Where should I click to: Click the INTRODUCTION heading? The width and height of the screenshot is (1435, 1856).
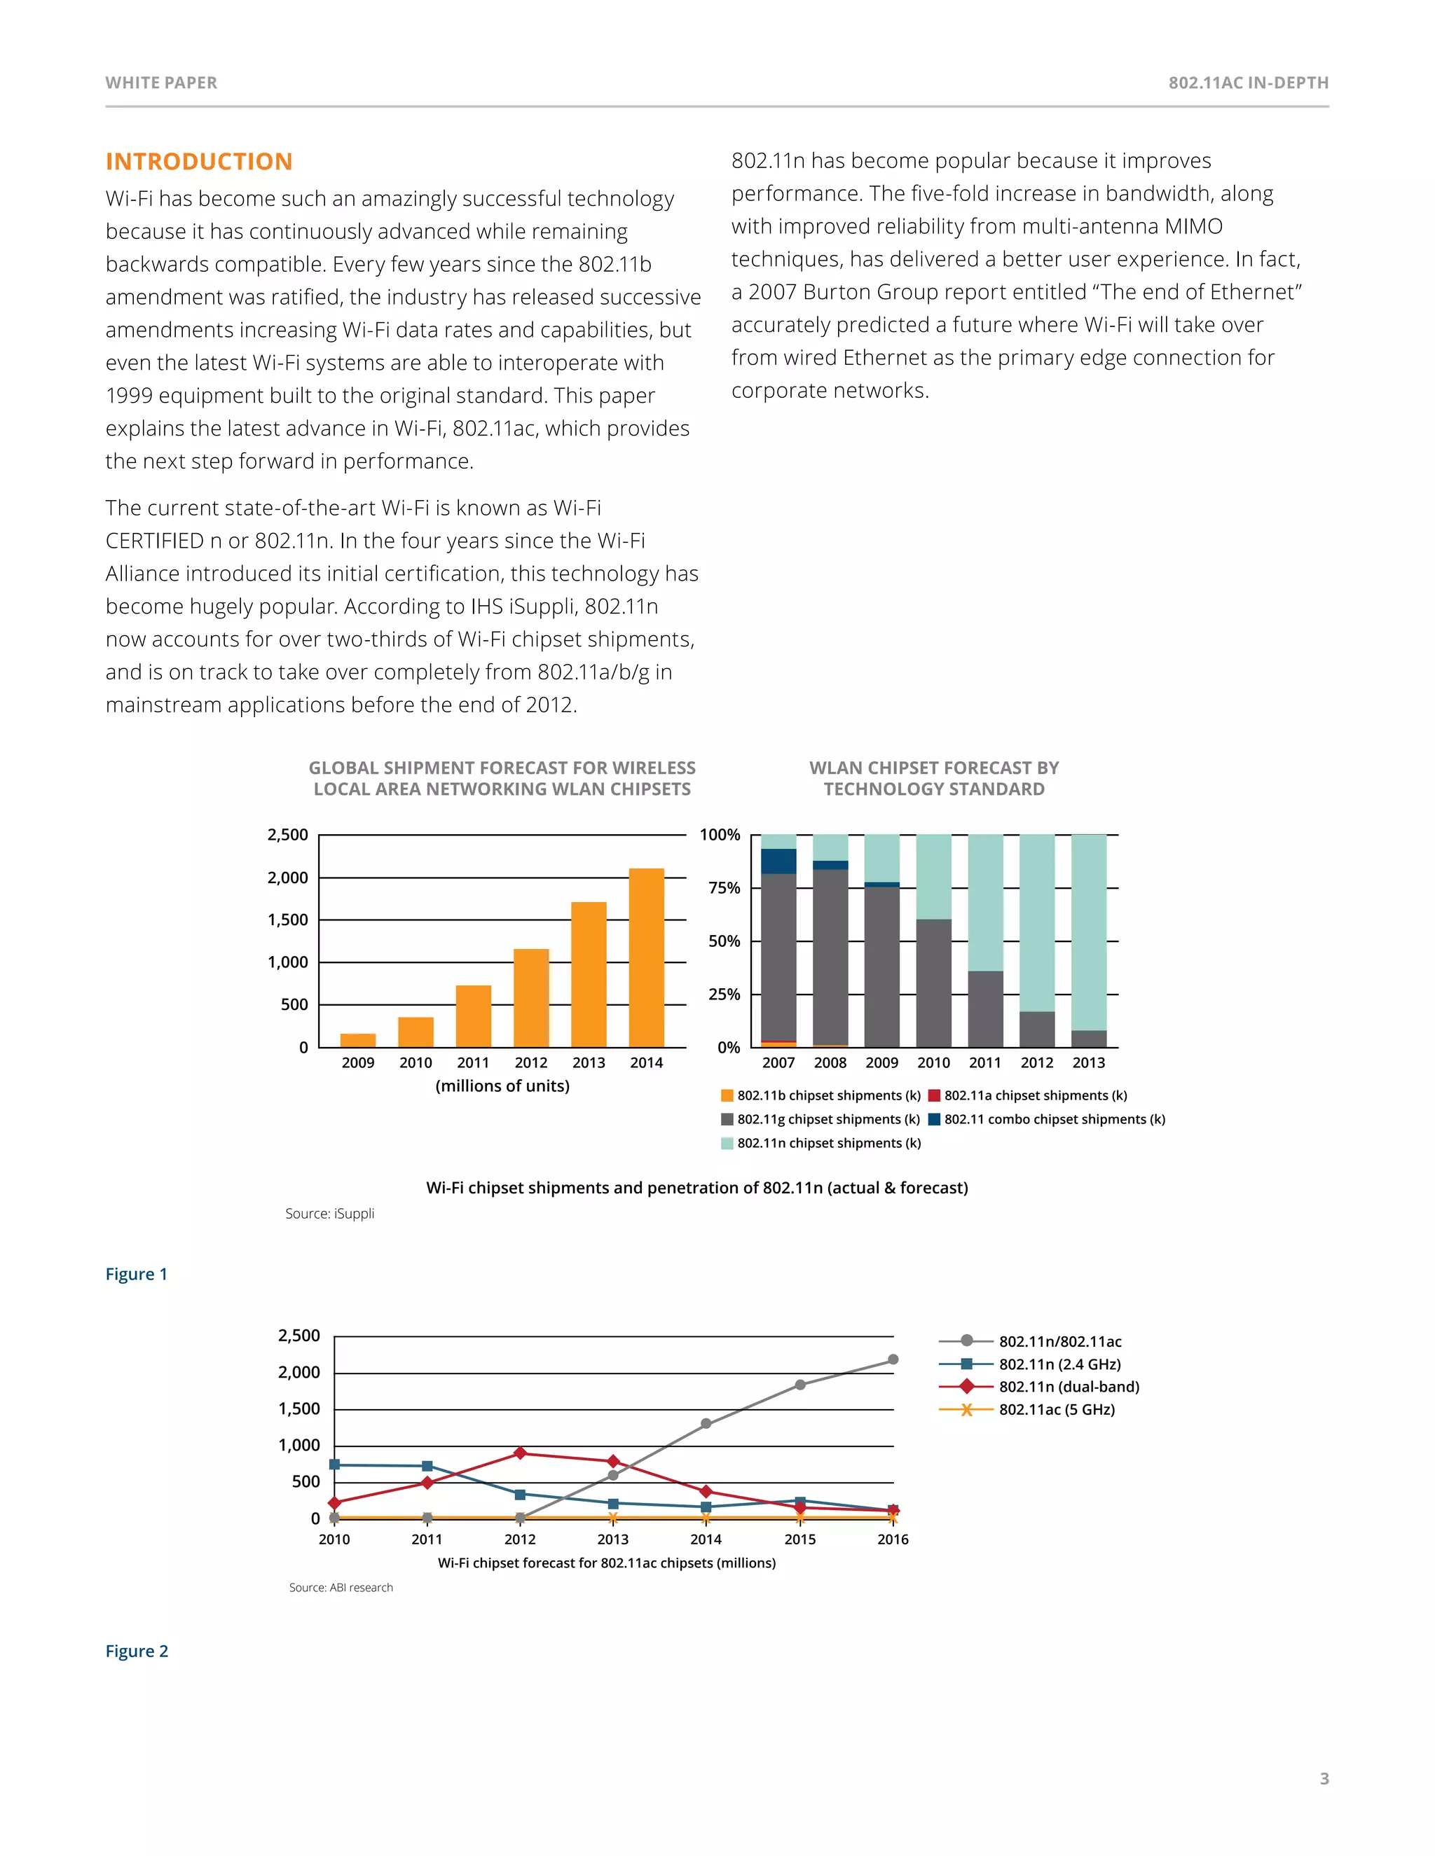point(199,162)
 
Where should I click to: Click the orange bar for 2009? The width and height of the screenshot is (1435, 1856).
point(358,1039)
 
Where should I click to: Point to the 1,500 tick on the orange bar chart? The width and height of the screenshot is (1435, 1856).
point(288,920)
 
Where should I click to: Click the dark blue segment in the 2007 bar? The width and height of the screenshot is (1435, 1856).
point(778,861)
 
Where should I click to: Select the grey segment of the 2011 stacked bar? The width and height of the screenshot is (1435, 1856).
point(985,1009)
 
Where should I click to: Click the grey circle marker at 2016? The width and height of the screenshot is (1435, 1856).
point(893,1359)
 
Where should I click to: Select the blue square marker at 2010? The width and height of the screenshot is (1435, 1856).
point(334,1465)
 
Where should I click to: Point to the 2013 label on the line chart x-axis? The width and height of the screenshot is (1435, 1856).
point(613,1539)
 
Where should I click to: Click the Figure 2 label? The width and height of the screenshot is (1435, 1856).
point(137,1651)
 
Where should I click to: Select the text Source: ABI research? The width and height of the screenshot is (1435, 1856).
point(341,1588)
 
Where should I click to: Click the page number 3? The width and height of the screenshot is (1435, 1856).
point(1324,1779)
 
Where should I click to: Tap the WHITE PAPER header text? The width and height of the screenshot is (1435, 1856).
point(162,83)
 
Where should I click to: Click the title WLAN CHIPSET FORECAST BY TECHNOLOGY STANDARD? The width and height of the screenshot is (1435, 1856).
point(933,778)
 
